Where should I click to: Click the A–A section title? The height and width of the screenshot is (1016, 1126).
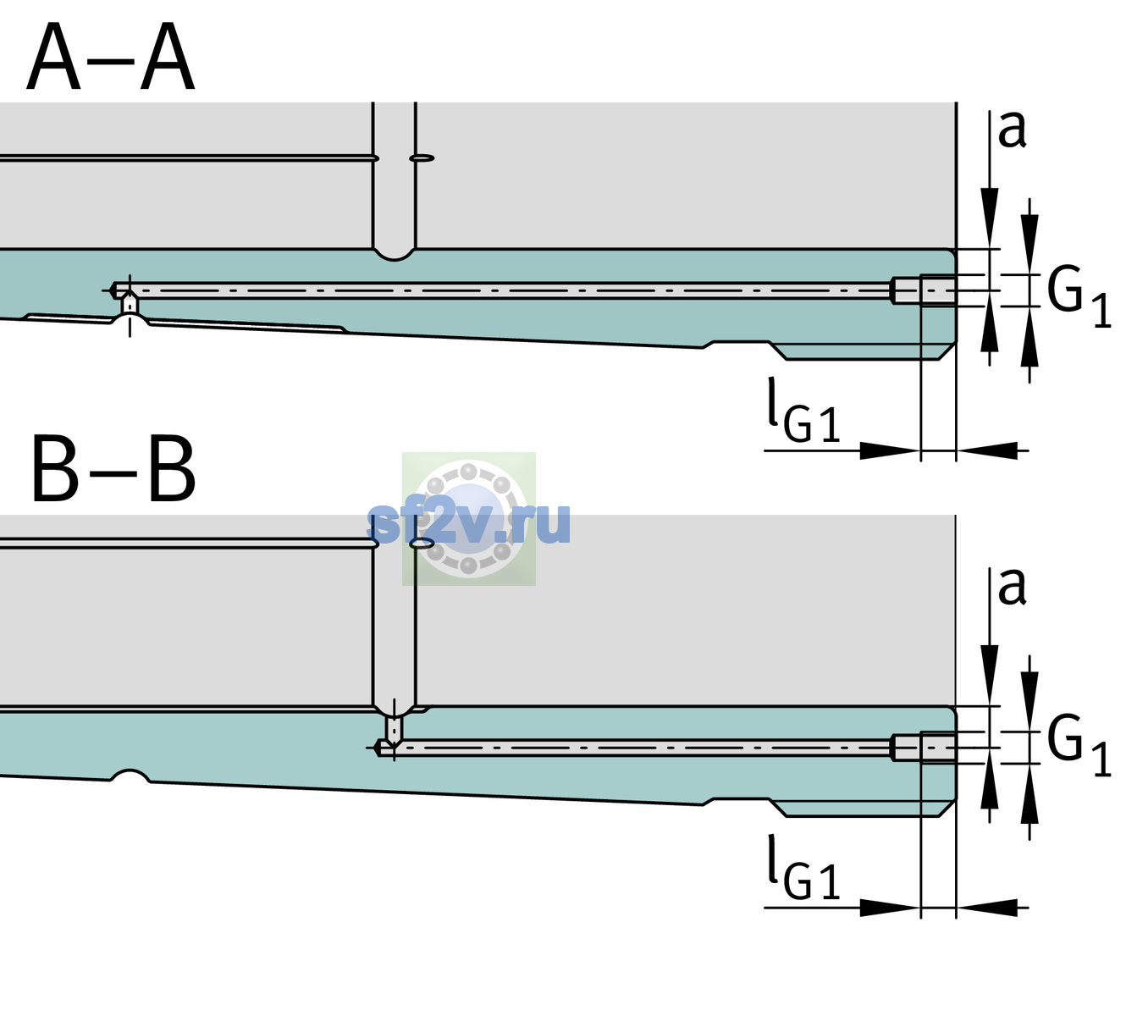pyautogui.click(x=111, y=57)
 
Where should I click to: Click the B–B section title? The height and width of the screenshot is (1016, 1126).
pyautogui.click(x=114, y=469)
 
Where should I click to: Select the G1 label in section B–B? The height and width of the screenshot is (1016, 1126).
pyautogui.click(x=1079, y=745)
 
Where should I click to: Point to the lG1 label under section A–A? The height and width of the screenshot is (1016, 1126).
pyautogui.click(x=803, y=411)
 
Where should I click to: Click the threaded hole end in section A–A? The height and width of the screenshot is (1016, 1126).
pyautogui.click(x=924, y=290)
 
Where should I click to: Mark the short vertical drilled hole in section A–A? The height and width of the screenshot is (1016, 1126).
pyautogui.click(x=130, y=304)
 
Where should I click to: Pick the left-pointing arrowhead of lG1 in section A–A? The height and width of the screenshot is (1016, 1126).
pyautogui.click(x=987, y=450)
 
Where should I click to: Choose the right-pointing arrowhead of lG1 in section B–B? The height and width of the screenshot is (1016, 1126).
pyautogui.click(x=891, y=908)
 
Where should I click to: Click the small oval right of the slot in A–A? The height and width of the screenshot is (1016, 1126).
pyautogui.click(x=422, y=158)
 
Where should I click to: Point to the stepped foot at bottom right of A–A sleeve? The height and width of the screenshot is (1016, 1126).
pyautogui.click(x=862, y=351)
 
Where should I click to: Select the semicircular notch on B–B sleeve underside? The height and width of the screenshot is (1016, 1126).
pyautogui.click(x=130, y=776)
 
